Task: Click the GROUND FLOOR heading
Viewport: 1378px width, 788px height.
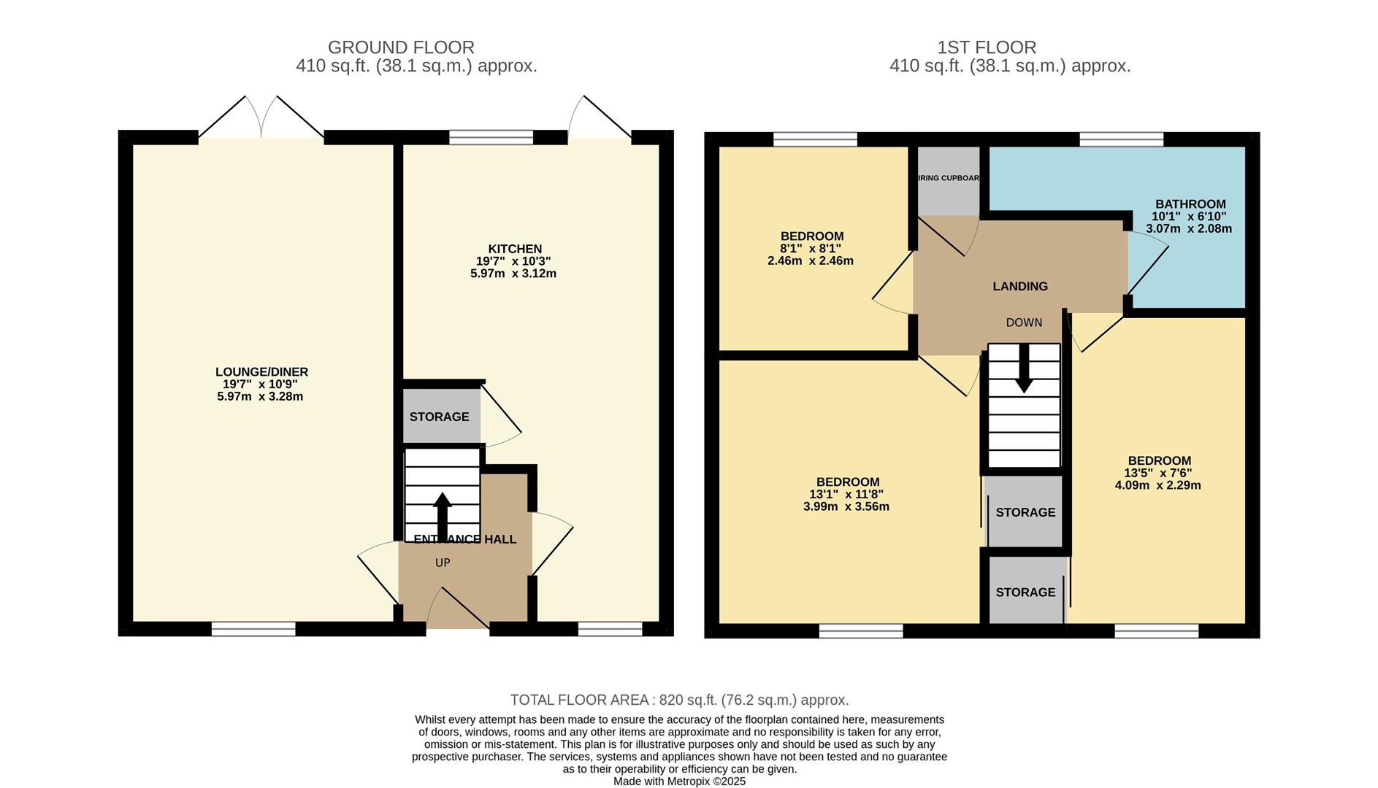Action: click(x=401, y=47)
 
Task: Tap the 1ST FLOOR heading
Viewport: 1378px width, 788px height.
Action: click(x=987, y=47)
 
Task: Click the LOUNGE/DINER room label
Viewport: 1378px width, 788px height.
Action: click(x=261, y=372)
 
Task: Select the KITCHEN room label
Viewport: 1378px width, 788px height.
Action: click(x=515, y=249)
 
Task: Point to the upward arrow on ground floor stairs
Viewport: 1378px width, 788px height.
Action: click(x=443, y=516)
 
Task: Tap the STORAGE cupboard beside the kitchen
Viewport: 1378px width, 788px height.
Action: click(x=439, y=417)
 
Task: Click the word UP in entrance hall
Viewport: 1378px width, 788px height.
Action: click(x=443, y=563)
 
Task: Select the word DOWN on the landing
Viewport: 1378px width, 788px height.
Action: click(x=1024, y=322)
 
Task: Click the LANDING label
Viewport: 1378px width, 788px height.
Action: click(x=1020, y=286)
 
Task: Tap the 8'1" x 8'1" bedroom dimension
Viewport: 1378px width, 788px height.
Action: click(x=811, y=248)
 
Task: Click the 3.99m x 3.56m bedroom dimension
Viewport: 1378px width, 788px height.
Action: click(x=846, y=506)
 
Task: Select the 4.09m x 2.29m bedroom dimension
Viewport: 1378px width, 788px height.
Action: click(x=1157, y=485)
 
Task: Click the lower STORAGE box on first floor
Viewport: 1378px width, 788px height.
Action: click(x=1025, y=592)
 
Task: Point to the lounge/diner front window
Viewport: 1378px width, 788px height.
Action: click(x=253, y=629)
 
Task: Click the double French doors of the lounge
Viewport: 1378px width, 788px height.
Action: click(x=261, y=120)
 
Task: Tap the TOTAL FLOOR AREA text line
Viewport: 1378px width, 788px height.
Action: click(x=679, y=700)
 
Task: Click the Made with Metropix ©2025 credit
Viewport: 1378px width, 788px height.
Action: click(x=679, y=781)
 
